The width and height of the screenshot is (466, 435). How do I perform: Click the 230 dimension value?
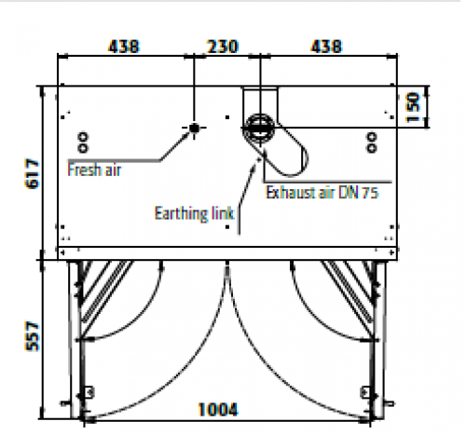[223, 47]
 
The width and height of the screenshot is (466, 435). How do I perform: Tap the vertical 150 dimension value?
[413, 107]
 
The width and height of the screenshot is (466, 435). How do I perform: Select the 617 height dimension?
[33, 173]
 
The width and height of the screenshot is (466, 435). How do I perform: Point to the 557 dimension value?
[33, 336]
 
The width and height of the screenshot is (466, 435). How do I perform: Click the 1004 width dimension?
[218, 410]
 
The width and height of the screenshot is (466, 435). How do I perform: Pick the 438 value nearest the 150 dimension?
[326, 47]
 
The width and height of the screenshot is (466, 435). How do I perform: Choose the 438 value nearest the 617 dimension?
[124, 47]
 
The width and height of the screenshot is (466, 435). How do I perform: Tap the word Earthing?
[182, 214]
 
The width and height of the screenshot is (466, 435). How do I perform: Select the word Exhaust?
[290, 193]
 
